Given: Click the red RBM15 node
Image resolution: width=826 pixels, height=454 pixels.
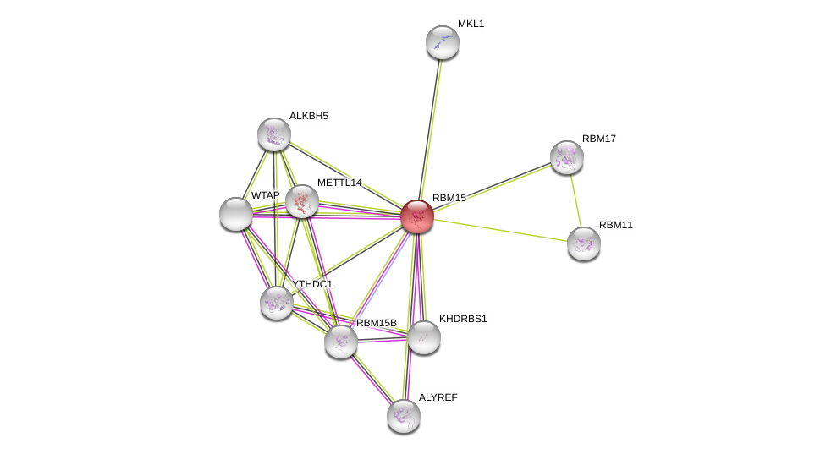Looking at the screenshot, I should [417, 216].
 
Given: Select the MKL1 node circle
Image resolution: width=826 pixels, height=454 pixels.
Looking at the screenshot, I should [442, 42].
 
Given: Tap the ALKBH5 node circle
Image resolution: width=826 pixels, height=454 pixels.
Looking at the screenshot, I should [274, 134].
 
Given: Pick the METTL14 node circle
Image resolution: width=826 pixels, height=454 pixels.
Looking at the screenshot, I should [302, 201].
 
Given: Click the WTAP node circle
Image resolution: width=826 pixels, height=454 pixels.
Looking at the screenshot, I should [236, 214].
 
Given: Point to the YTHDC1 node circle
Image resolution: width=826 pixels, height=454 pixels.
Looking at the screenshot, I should [277, 303].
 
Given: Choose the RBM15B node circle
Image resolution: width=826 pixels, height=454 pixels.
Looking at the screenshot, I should [341, 342].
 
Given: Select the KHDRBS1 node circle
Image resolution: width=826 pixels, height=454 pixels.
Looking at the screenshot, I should [423, 337].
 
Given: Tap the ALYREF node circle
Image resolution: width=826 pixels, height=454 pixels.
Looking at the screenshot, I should [404, 416].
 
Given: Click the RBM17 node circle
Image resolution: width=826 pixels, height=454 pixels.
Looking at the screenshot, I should [567, 157].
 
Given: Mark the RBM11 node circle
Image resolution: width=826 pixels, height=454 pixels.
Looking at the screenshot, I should [584, 243].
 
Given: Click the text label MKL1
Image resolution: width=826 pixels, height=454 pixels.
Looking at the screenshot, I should [471, 24].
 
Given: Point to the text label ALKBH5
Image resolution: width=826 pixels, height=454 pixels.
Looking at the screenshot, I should [308, 116].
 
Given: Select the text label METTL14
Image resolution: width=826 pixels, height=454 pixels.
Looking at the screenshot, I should [339, 183].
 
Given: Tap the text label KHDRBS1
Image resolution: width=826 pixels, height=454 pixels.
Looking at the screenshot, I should [463, 319].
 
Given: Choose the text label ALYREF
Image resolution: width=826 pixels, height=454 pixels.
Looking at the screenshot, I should [438, 397].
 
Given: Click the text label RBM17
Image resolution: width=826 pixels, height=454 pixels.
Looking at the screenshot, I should [599, 139].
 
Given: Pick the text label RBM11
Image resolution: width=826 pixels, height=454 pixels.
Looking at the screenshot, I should [616, 225].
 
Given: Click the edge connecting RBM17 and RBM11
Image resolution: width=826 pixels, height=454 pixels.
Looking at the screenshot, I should [575, 200].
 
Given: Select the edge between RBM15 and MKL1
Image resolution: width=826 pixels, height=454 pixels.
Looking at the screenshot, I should [430, 127].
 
